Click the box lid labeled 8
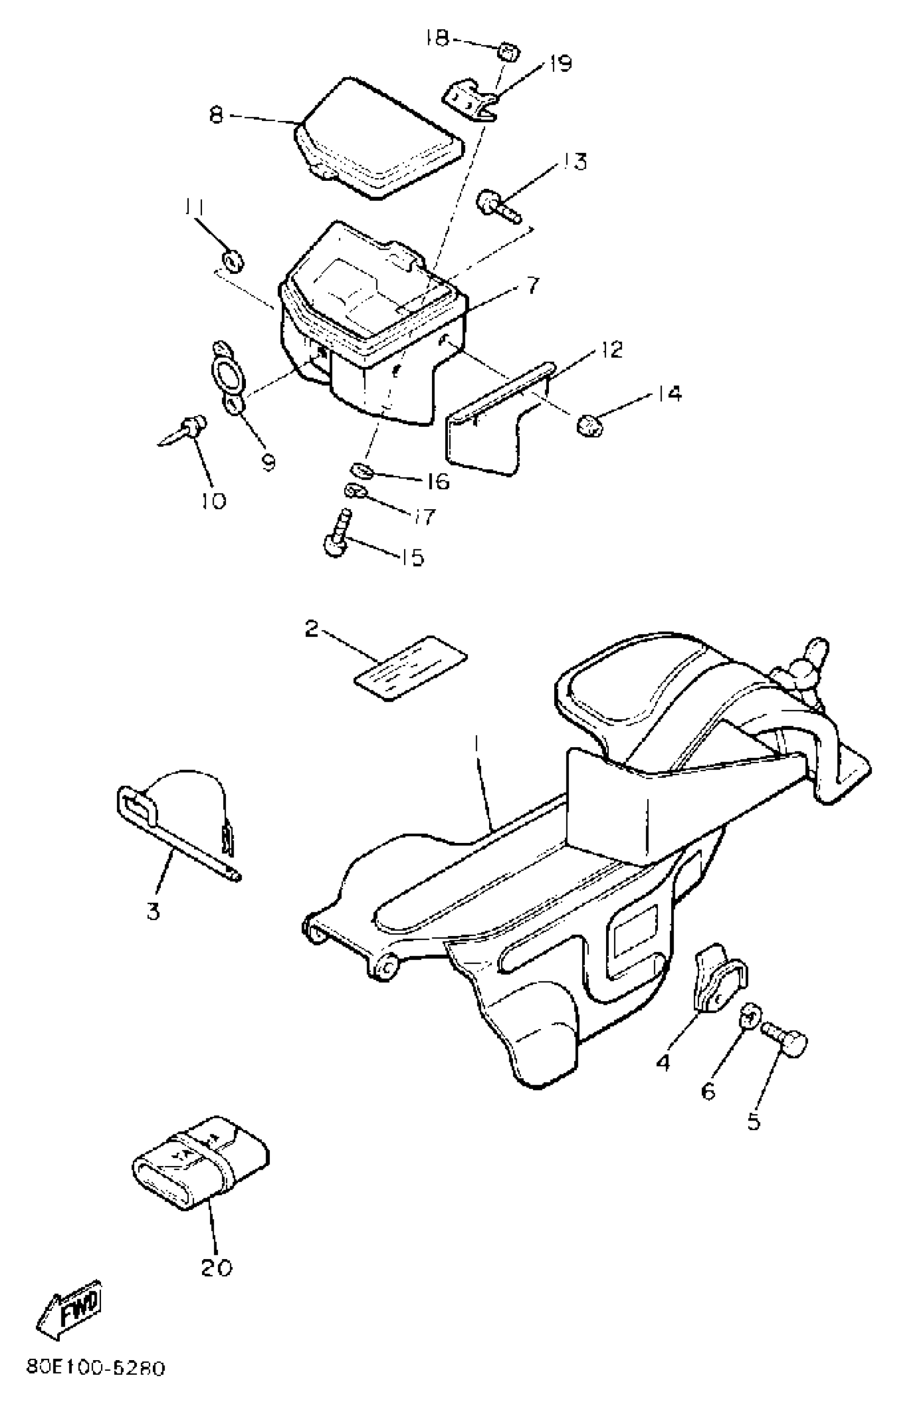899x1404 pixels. click(x=380, y=140)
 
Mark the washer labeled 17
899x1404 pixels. click(x=355, y=492)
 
